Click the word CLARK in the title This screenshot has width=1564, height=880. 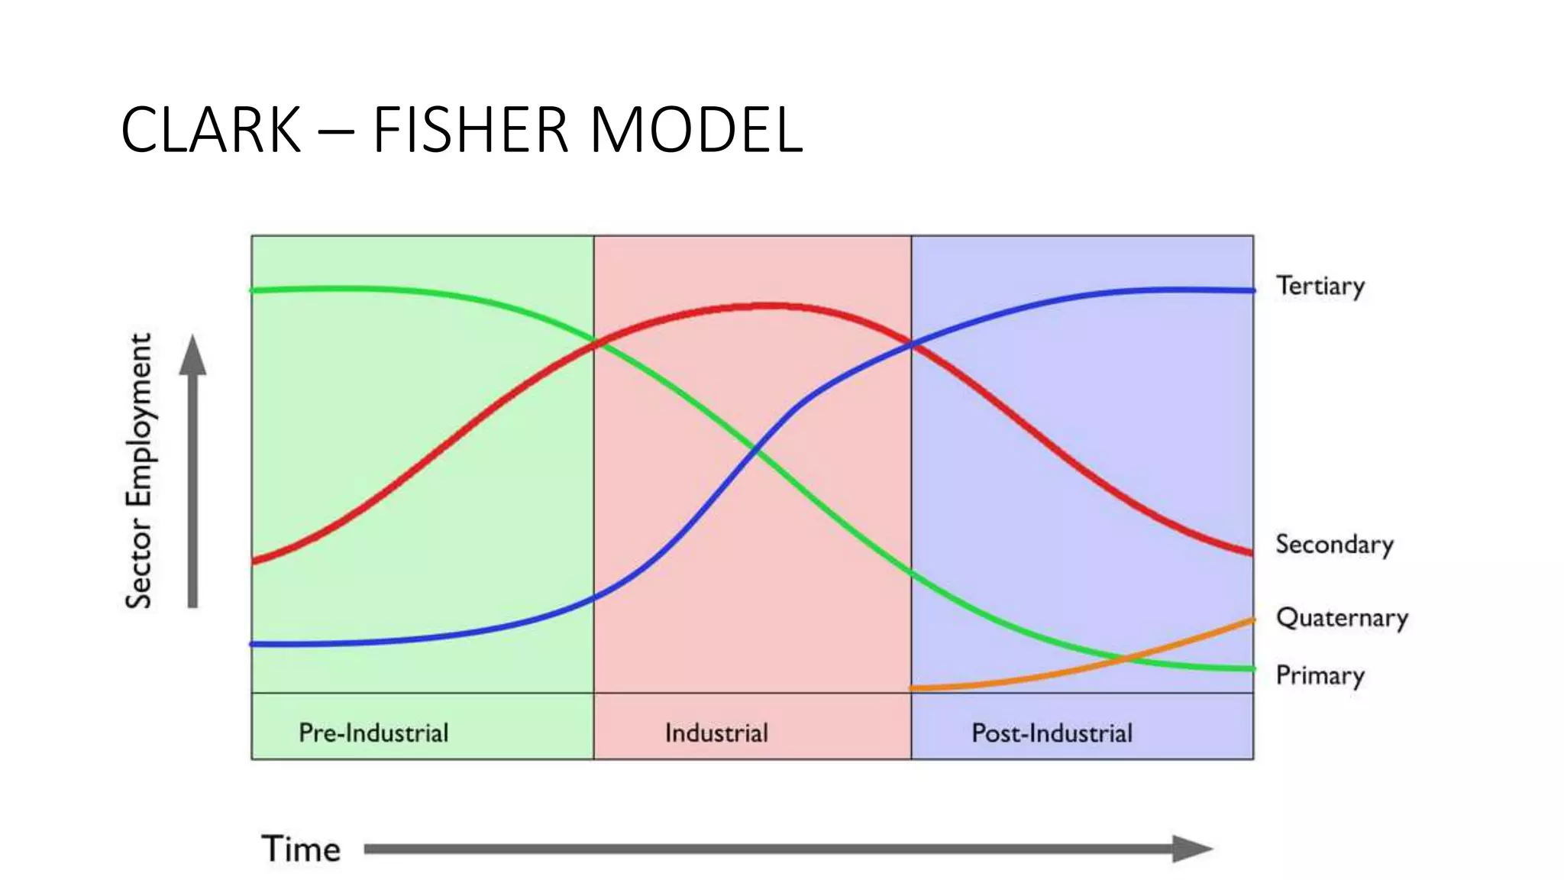212,130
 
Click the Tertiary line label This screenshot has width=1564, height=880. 1320,286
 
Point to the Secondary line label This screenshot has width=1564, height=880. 1335,545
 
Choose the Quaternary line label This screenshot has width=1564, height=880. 1343,618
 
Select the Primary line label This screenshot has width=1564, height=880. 1320,676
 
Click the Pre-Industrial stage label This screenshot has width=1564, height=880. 373,733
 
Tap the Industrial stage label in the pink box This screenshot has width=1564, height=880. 716,733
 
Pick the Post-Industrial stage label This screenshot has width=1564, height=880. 1052,733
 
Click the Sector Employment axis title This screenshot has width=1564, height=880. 140,471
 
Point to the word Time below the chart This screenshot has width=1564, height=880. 301,849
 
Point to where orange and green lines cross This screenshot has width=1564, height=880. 1123,657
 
